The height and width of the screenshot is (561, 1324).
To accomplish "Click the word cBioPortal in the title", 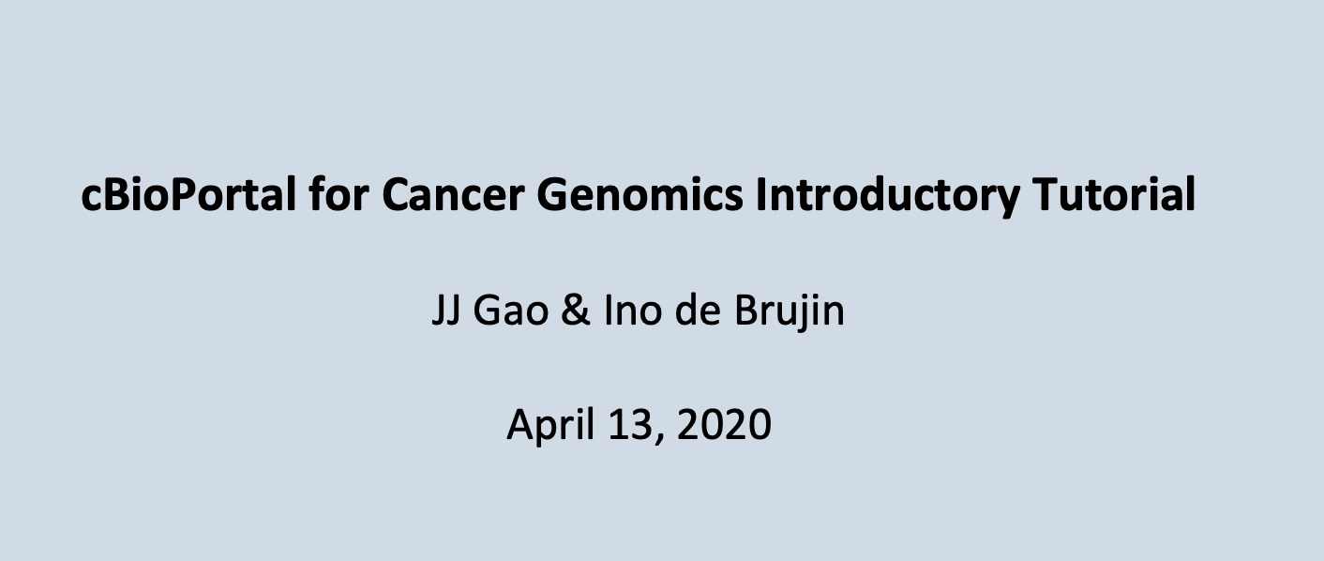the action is (x=188, y=194).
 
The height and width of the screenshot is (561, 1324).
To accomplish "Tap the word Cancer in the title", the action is (x=453, y=195).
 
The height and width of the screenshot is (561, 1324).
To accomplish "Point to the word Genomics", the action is (x=639, y=194).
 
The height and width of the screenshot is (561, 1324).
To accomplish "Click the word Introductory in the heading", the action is (x=888, y=194).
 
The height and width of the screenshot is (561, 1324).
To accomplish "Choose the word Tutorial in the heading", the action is (x=1114, y=194).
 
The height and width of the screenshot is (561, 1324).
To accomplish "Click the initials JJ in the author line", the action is (x=446, y=311).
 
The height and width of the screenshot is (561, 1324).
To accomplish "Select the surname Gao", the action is (x=511, y=311).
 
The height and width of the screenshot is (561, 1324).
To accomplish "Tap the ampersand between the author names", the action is (x=576, y=311).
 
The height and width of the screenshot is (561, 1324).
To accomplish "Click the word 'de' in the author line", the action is (x=698, y=310).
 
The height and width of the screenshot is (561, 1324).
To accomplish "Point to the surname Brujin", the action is (x=790, y=311).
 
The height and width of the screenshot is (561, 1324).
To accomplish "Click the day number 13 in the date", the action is (x=631, y=424).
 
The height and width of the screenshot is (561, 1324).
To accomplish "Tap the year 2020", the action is (x=724, y=424).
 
